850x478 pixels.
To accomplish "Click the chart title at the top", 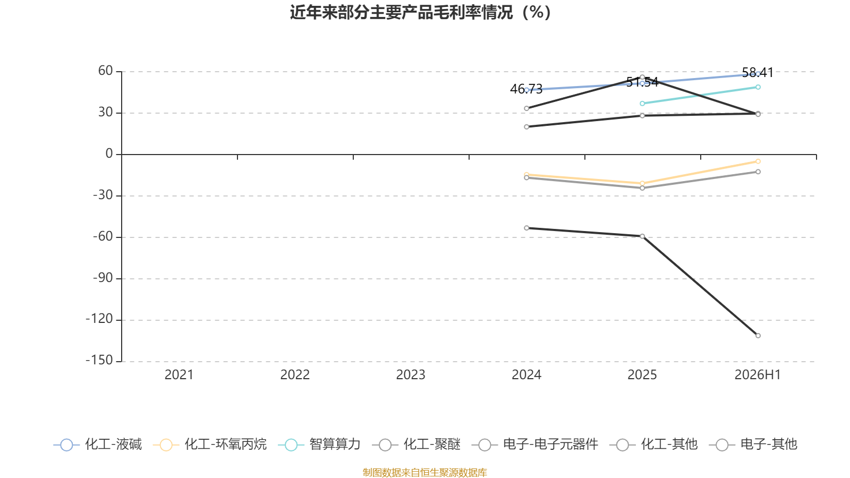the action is tap(420, 13).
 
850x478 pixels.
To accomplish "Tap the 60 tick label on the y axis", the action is tap(106, 71).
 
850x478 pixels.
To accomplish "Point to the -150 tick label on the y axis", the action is tap(99, 361).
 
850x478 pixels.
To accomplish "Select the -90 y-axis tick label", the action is tap(103, 278).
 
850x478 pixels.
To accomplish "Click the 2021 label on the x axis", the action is tap(179, 375).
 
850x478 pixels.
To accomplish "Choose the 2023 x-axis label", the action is tap(411, 375).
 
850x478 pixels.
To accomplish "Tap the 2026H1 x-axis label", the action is tap(758, 375).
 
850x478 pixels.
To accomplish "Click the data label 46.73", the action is tap(526, 89).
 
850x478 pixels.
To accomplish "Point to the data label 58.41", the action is tap(758, 72).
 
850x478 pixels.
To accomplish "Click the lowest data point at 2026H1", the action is tap(758, 335).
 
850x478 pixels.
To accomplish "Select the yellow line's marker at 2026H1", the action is tap(758, 161).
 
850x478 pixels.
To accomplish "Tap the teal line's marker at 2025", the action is tap(642, 103).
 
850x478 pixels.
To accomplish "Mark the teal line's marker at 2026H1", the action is tap(758, 87).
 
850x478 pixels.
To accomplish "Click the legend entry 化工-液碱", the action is tap(98, 444).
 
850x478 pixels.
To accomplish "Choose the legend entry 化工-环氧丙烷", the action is tap(210, 444).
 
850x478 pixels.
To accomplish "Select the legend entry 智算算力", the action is tap(319, 444).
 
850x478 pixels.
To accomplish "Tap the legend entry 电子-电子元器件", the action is tap(535, 444).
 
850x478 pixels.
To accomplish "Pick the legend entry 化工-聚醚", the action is tap(416, 444).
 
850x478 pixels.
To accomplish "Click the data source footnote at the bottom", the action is tap(424, 472).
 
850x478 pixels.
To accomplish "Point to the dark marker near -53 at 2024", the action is tap(526, 228).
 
